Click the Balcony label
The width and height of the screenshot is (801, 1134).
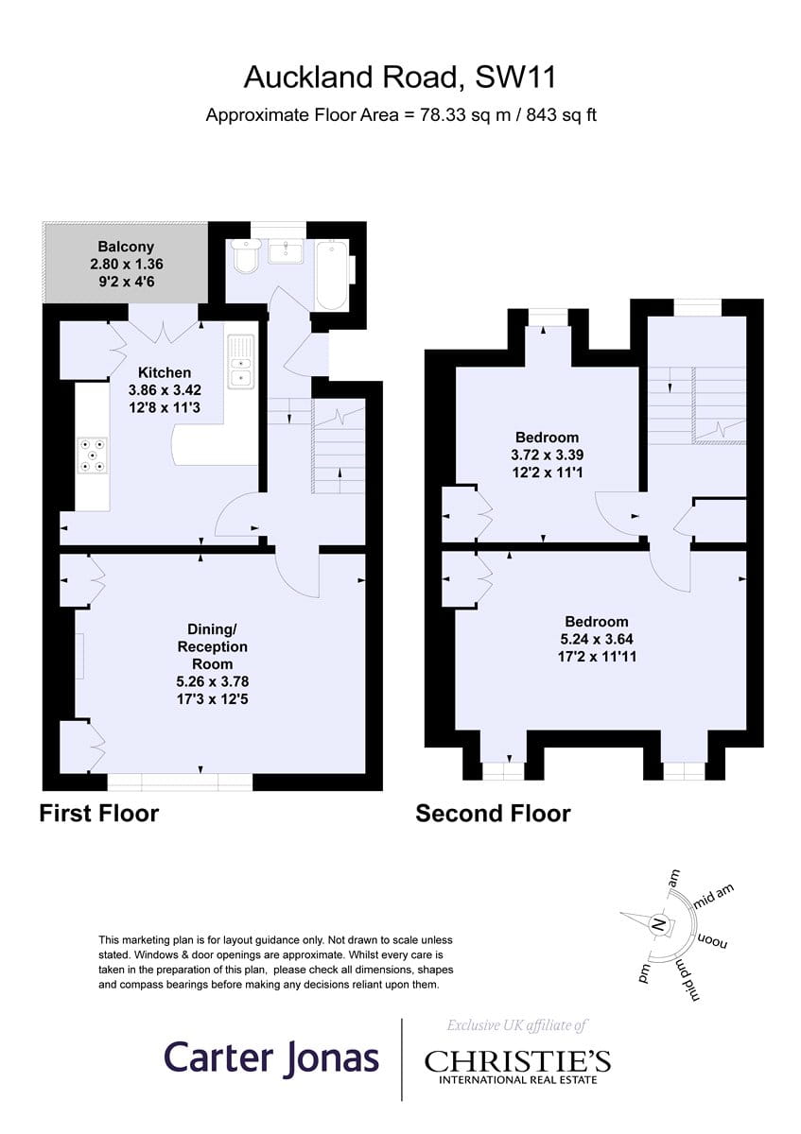point(126,247)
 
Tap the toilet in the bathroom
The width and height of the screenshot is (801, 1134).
point(245,257)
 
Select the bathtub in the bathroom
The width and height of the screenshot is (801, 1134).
point(332,275)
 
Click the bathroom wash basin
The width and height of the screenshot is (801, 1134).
point(286,251)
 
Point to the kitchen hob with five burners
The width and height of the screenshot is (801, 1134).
point(93,455)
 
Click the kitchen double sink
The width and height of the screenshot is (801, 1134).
point(241,362)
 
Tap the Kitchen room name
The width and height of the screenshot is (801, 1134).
point(165,372)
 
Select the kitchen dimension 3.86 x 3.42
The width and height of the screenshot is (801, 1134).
point(165,389)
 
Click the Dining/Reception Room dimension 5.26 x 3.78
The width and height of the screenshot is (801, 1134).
point(212,681)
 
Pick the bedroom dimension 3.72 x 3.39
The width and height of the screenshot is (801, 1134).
point(547,455)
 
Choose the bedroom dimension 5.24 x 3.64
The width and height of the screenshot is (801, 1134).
point(597,639)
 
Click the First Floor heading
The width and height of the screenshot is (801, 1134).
point(99,814)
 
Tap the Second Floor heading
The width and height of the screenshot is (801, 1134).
point(493,814)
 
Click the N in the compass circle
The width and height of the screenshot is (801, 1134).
point(658,925)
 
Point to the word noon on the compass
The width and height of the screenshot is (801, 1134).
point(713,941)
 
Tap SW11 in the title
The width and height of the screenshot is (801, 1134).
point(515,77)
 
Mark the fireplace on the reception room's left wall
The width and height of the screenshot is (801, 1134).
point(79,656)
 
